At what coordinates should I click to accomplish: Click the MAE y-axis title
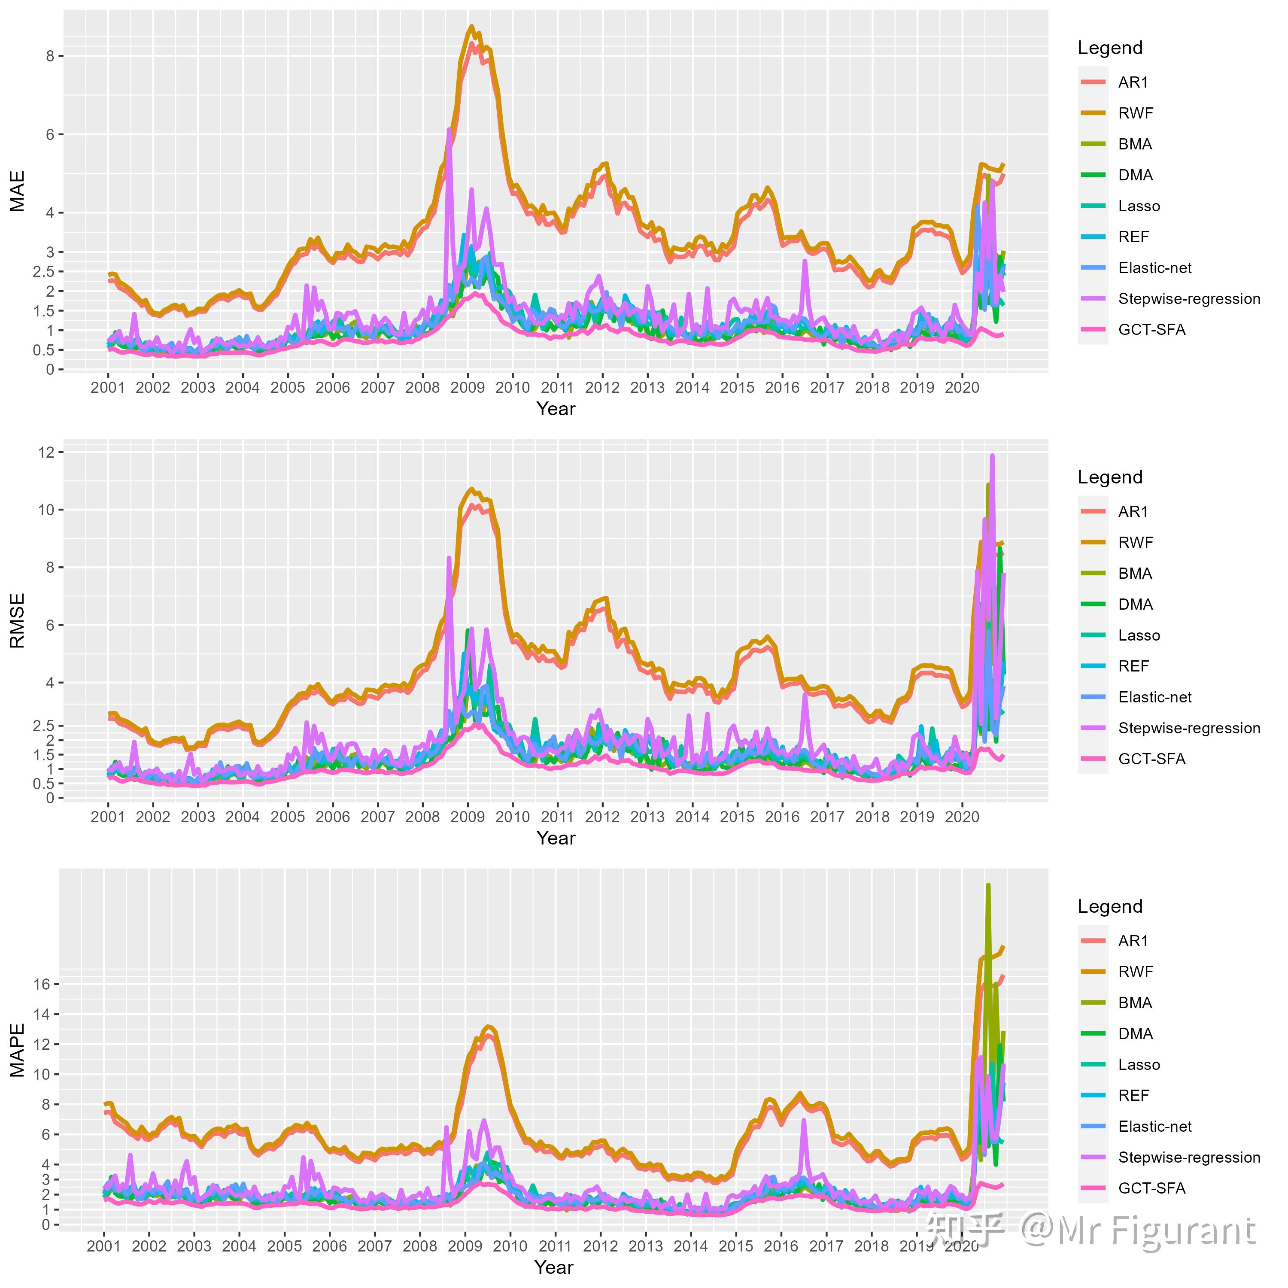click(x=17, y=191)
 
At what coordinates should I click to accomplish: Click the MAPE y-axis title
click(x=17, y=1050)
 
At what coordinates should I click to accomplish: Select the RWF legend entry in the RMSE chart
click(x=1135, y=543)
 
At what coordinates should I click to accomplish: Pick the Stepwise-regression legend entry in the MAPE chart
click(x=1189, y=1157)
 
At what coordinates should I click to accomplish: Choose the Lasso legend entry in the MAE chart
click(x=1139, y=206)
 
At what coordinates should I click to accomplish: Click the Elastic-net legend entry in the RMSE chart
click(x=1154, y=697)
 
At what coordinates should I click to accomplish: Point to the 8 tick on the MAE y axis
click(x=50, y=56)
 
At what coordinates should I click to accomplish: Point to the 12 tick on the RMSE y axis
click(x=46, y=452)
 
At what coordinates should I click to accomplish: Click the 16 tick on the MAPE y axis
click(x=42, y=984)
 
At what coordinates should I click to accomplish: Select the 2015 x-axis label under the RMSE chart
click(x=737, y=817)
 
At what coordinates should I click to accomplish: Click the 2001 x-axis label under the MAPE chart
click(x=104, y=1246)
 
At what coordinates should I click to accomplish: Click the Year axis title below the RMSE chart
click(x=555, y=838)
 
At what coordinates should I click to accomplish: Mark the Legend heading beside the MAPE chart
click(x=1110, y=907)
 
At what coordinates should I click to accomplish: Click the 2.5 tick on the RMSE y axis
click(x=43, y=726)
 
